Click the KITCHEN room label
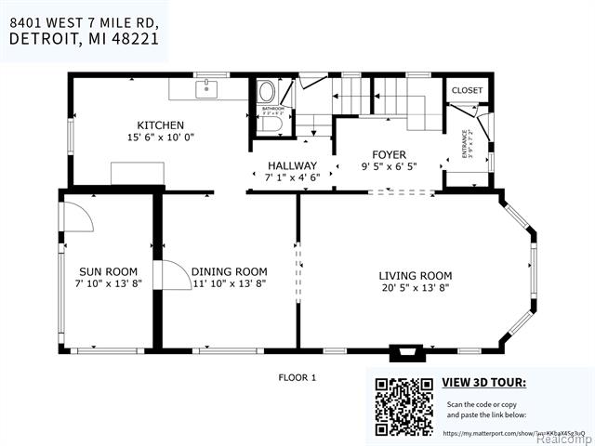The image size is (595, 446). tap(160, 125)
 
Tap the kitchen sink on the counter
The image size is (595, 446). tap(206, 89)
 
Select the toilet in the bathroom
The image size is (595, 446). tap(266, 92)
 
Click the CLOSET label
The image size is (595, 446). tap(467, 90)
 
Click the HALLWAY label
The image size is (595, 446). tap(292, 165)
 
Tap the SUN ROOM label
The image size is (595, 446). tap(108, 272)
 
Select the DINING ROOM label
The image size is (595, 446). tap(229, 272)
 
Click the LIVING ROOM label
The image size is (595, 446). tap(415, 276)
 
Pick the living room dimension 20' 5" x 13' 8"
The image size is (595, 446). tap(415, 288)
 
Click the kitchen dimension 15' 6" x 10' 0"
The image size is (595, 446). tap(160, 138)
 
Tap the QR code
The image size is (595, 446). tap(403, 406)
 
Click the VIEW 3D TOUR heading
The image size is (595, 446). tap(483, 382)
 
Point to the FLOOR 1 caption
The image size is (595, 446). tap(297, 377)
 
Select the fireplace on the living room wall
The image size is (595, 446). tap(403, 352)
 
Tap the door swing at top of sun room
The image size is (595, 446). tap(80, 216)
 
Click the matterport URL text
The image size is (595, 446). tap(507, 433)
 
